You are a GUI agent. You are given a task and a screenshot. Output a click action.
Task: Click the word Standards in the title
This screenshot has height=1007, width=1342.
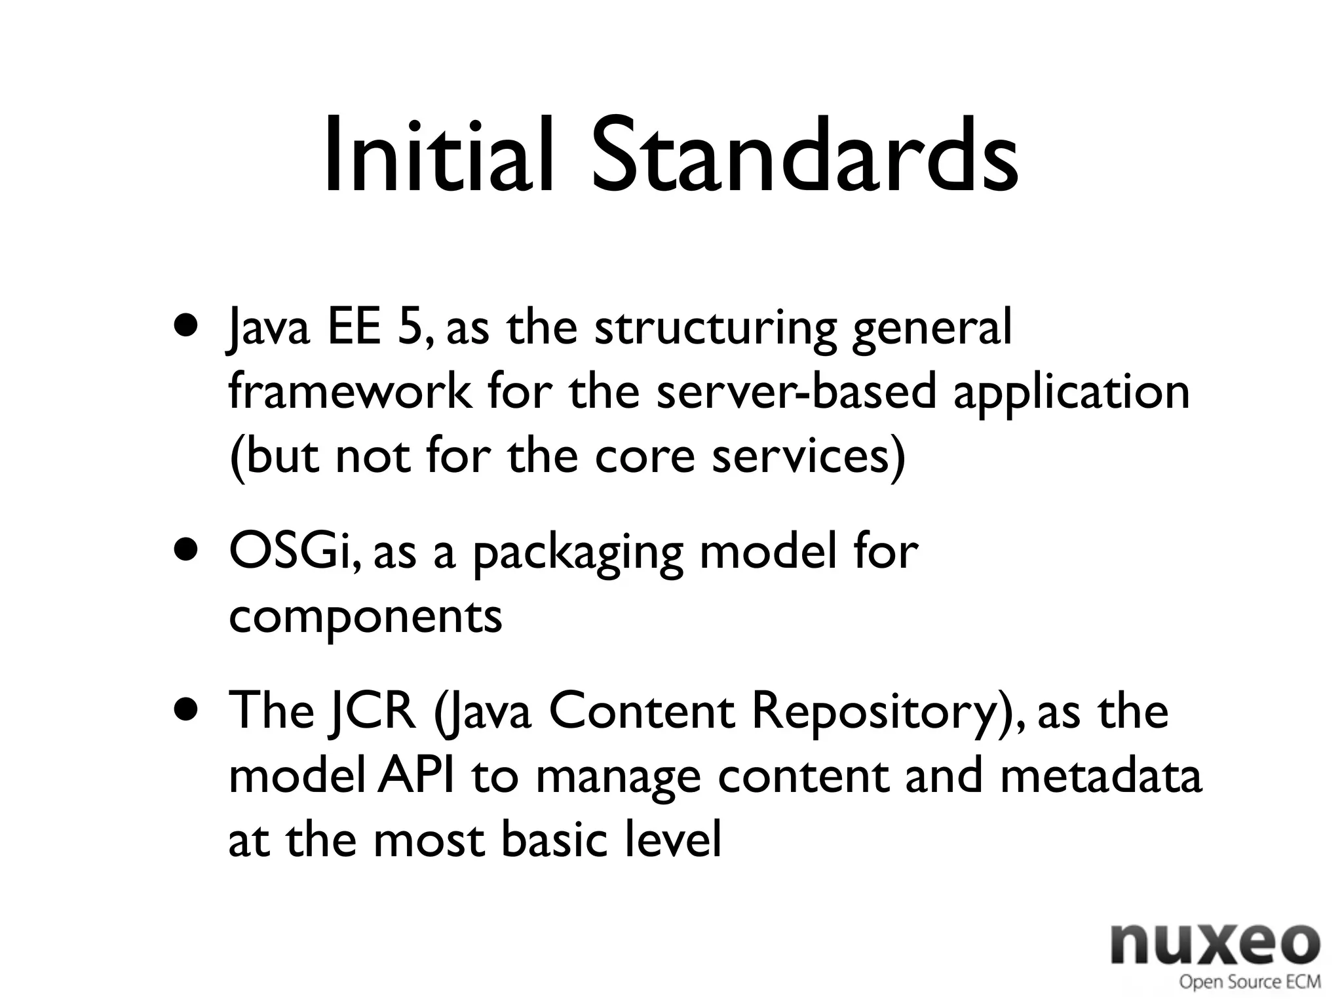(x=804, y=156)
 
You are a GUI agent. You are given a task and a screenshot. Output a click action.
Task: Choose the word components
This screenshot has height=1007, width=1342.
(x=365, y=618)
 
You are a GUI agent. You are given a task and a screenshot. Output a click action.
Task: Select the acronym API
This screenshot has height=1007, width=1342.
(x=415, y=775)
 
